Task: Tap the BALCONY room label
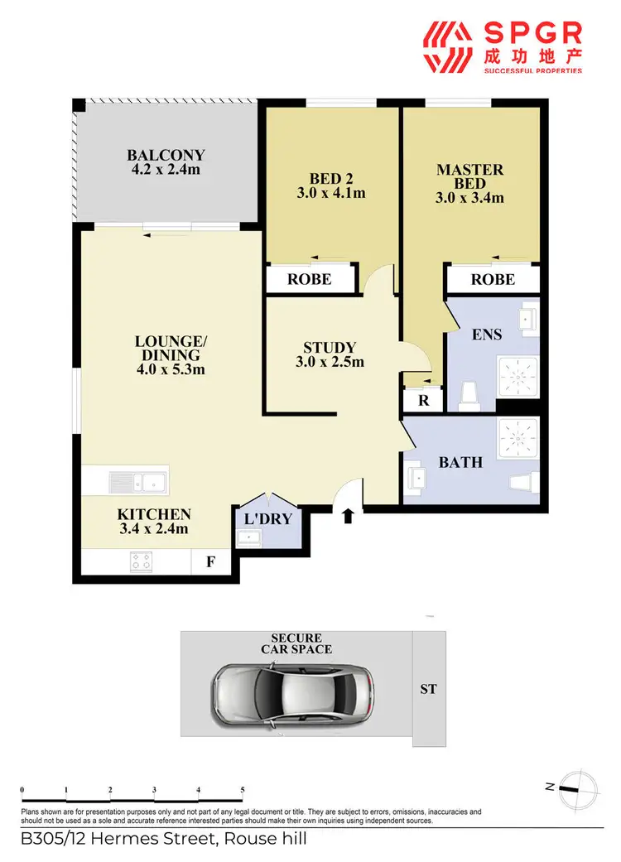tap(166, 162)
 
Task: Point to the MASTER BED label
tap(469, 184)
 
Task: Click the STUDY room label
tap(329, 354)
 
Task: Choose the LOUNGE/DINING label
tap(171, 354)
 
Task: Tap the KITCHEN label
tap(153, 522)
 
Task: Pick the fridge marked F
tap(210, 563)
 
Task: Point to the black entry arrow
tap(348, 516)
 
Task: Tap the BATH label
tap(460, 462)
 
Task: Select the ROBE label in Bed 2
tap(309, 279)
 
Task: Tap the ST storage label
tap(428, 689)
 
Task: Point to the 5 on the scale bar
tap(242, 789)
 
